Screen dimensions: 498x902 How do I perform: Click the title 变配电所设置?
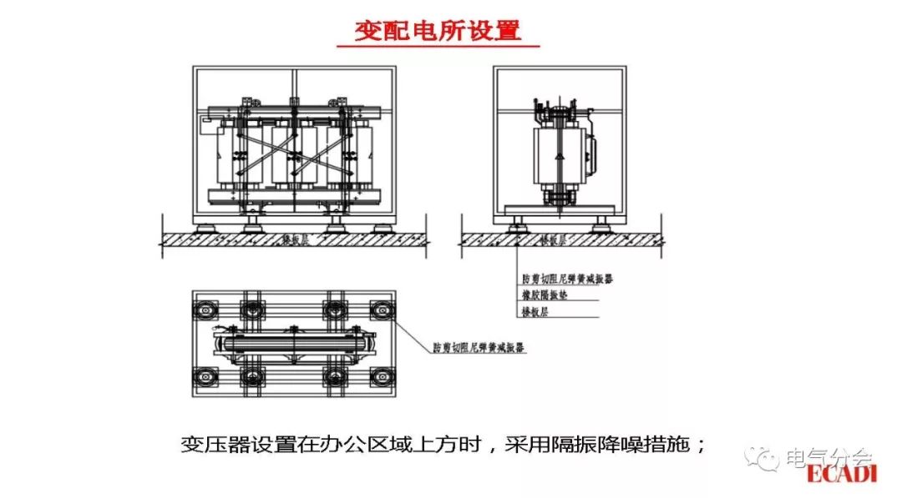pos(438,31)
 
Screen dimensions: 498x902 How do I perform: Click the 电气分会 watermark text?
pos(829,457)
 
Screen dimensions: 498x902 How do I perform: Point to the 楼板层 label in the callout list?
pos(533,310)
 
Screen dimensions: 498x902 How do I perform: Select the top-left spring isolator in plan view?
pos(204,309)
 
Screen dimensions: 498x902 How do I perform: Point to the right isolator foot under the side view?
pos(600,225)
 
